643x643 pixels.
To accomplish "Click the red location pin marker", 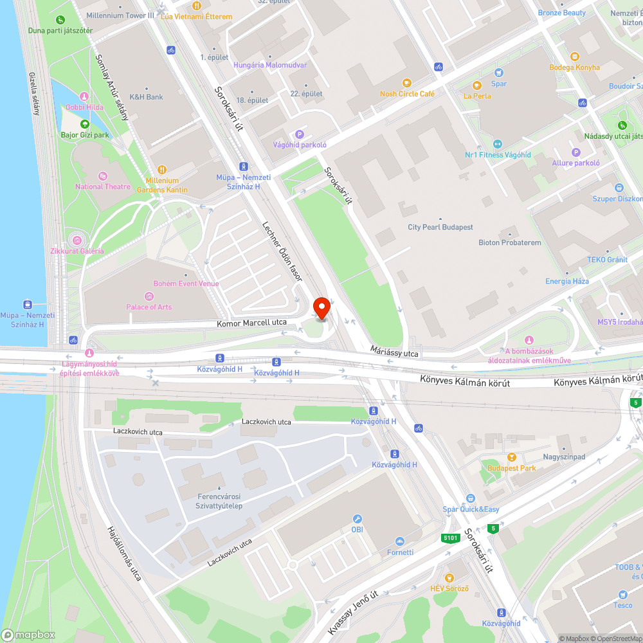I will (x=320, y=308).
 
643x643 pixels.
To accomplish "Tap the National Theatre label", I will (x=102, y=186).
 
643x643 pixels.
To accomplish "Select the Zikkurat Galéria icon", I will (x=77, y=240).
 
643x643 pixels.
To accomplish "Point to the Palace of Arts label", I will (x=149, y=307).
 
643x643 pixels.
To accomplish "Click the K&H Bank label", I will (x=146, y=97).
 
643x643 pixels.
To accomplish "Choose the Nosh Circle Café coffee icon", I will (x=406, y=83).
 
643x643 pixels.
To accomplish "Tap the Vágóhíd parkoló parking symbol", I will (x=298, y=134).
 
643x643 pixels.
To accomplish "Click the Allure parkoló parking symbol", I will (x=575, y=152).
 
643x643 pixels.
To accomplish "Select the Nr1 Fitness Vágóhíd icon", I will (x=497, y=144).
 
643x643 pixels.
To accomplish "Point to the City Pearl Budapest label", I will (x=440, y=227).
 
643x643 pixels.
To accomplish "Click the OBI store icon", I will (x=357, y=519).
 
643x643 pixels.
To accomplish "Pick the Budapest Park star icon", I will (x=511, y=458).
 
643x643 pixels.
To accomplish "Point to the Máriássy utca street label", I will (x=394, y=351).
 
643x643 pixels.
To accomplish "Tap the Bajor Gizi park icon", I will (x=84, y=124).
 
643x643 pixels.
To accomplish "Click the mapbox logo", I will (x=28, y=634).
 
